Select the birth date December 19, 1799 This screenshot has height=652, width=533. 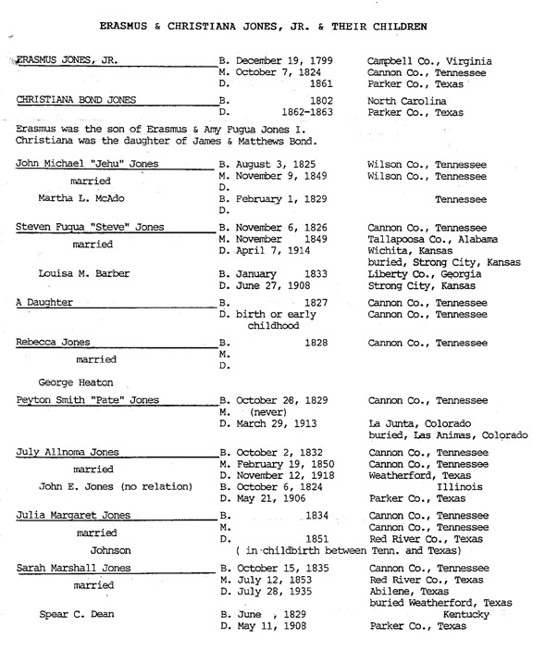tap(274, 62)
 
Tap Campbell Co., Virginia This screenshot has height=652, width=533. tap(429, 62)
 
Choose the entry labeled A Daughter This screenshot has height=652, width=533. tap(45, 302)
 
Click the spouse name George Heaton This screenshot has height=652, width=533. tap(77, 381)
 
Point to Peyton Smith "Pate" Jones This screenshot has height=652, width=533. tap(88, 400)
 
